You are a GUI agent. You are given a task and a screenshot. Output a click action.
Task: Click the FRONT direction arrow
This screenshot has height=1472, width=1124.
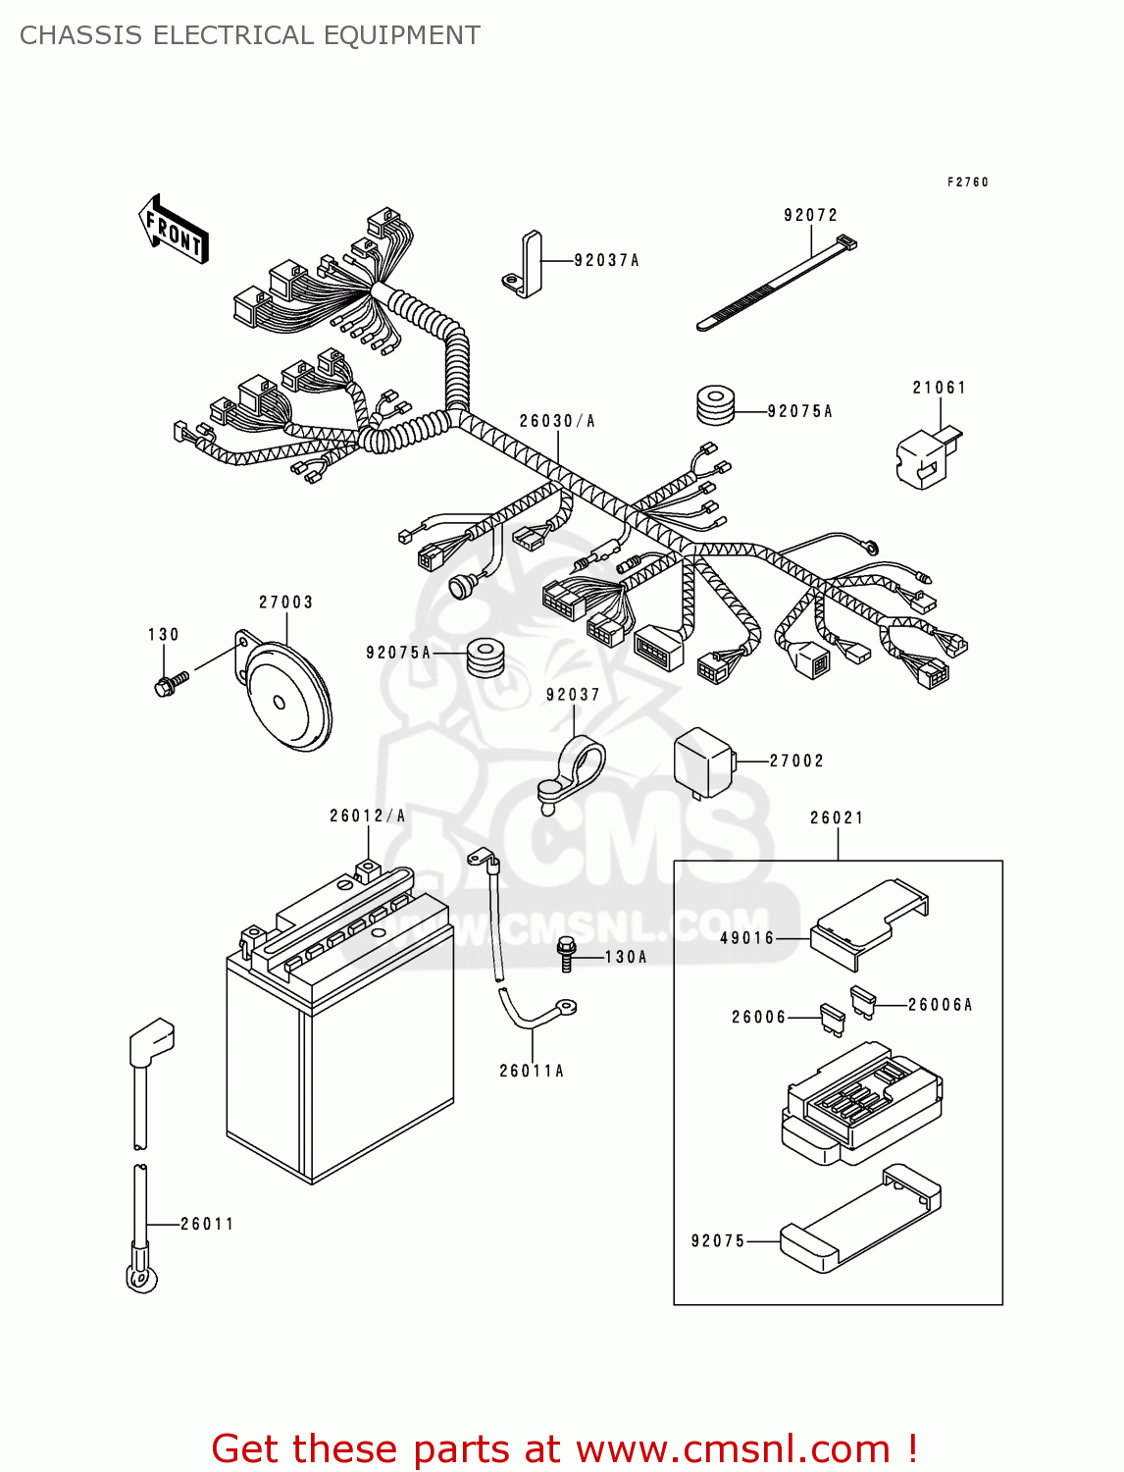tap(174, 230)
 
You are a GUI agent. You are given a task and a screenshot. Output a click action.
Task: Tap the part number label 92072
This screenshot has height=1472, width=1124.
tap(810, 215)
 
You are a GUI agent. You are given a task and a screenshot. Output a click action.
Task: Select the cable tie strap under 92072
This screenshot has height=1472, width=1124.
tap(776, 285)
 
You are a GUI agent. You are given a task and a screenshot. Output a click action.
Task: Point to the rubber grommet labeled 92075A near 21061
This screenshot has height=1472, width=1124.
tap(715, 406)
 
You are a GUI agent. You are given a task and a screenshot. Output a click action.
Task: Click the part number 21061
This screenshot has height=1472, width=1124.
tap(940, 388)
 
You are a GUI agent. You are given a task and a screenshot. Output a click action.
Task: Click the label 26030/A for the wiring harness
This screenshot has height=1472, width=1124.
tap(557, 421)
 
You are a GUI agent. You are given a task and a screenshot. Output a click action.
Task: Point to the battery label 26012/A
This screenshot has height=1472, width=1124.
tap(367, 815)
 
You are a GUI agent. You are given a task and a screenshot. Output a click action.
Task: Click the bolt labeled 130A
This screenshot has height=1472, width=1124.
tap(567, 954)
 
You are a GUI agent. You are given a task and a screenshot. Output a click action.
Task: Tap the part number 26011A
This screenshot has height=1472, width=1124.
tap(532, 1071)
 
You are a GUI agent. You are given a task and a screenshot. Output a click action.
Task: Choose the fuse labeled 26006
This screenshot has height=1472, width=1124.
tap(832, 1020)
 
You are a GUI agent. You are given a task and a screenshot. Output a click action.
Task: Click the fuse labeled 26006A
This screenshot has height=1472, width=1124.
tap(863, 1002)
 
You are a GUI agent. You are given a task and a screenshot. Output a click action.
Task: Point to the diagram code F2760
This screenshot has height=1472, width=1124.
tap(967, 182)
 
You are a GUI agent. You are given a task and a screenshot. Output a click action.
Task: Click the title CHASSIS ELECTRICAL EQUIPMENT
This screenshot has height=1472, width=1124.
tap(250, 35)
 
